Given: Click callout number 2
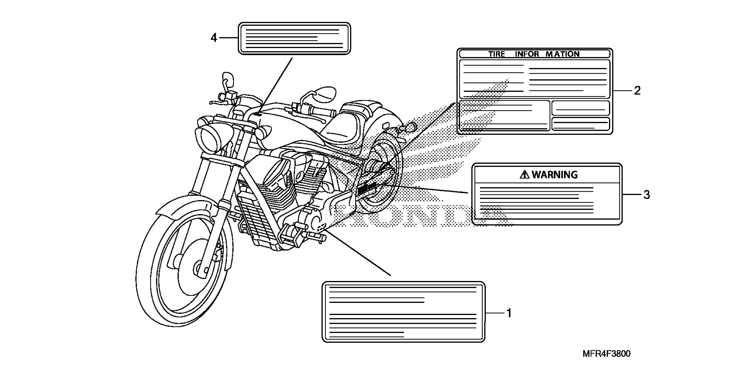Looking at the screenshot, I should tap(637, 91).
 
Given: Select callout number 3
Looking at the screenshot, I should tap(647, 195).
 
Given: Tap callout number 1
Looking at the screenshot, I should tap(509, 313).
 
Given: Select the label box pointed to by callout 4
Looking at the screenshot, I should tap(294, 38).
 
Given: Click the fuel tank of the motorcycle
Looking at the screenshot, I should tap(289, 125).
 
